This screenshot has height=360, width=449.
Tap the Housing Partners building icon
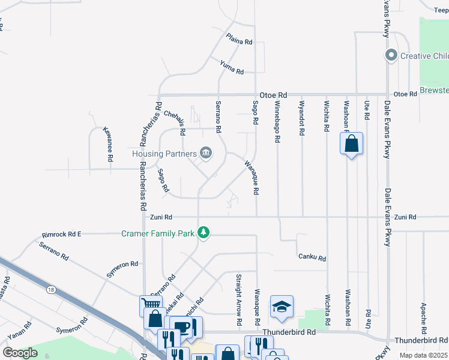pos(205,153)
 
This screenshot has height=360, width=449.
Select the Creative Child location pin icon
pos(391,56)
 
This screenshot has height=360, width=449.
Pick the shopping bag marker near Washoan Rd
pos(351,144)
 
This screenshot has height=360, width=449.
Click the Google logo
pos(20,353)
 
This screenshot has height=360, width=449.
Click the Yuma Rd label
pos(232,67)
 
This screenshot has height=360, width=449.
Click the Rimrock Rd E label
pos(61,234)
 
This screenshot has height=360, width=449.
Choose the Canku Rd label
pos(312,257)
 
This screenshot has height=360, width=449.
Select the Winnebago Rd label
pos(277,121)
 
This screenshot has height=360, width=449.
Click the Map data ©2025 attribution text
pos(423,355)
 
